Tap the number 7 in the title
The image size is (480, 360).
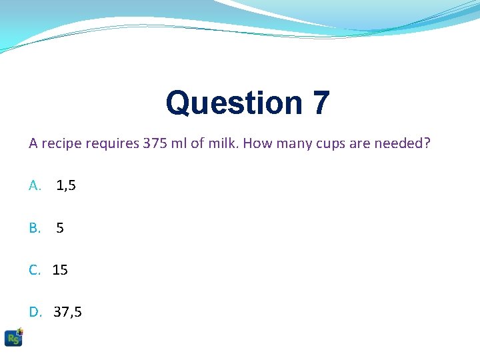tap(320, 103)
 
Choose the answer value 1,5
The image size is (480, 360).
tap(66, 186)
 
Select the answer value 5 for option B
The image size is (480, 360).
tap(60, 228)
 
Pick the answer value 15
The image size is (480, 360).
tap(60, 270)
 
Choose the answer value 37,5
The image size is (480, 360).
tap(68, 312)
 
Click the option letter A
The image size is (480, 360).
tap(35, 186)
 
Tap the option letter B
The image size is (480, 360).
tap(35, 228)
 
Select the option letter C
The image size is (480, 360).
tap(35, 270)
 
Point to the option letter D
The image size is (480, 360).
tap(35, 312)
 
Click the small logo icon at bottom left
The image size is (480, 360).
tap(13, 337)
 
